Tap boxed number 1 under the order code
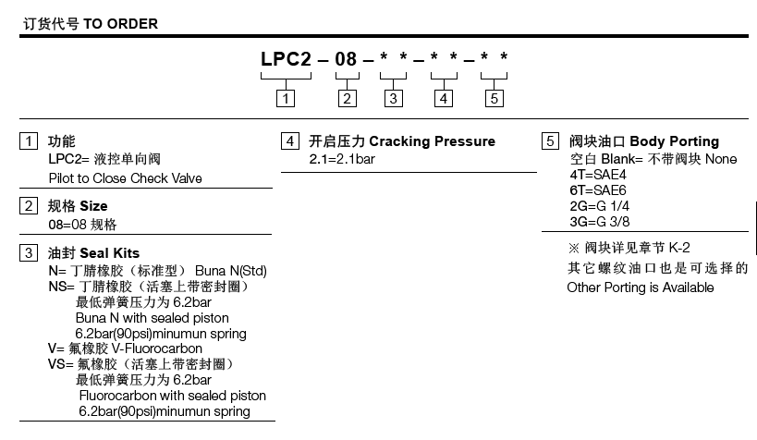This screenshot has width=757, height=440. (x=288, y=98)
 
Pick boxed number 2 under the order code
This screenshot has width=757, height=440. (x=347, y=98)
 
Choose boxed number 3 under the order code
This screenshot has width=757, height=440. (x=395, y=98)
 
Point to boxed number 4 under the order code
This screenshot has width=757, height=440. (x=445, y=98)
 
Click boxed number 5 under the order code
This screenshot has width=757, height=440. (x=494, y=98)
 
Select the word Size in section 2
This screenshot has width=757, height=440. (x=93, y=205)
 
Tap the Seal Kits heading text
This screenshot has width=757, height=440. (x=110, y=253)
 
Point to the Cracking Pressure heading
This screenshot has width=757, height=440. (x=433, y=141)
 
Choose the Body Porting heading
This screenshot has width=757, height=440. (x=674, y=141)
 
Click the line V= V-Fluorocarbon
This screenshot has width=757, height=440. (x=125, y=348)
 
